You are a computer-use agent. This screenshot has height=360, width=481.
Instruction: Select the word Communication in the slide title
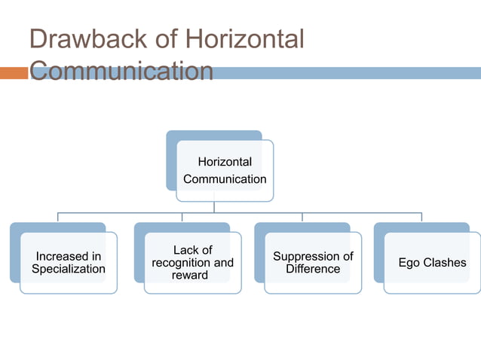pos(121,72)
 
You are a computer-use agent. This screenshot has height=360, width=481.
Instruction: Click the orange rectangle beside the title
pos(14,73)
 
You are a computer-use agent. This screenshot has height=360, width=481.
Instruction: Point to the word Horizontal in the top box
pos(225,162)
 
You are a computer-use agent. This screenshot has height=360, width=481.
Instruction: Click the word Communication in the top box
pos(225,179)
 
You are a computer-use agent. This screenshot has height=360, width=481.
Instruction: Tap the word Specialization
pos(69,269)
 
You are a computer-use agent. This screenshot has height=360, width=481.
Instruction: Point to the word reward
pos(190,275)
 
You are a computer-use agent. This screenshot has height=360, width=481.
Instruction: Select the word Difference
pos(313,269)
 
